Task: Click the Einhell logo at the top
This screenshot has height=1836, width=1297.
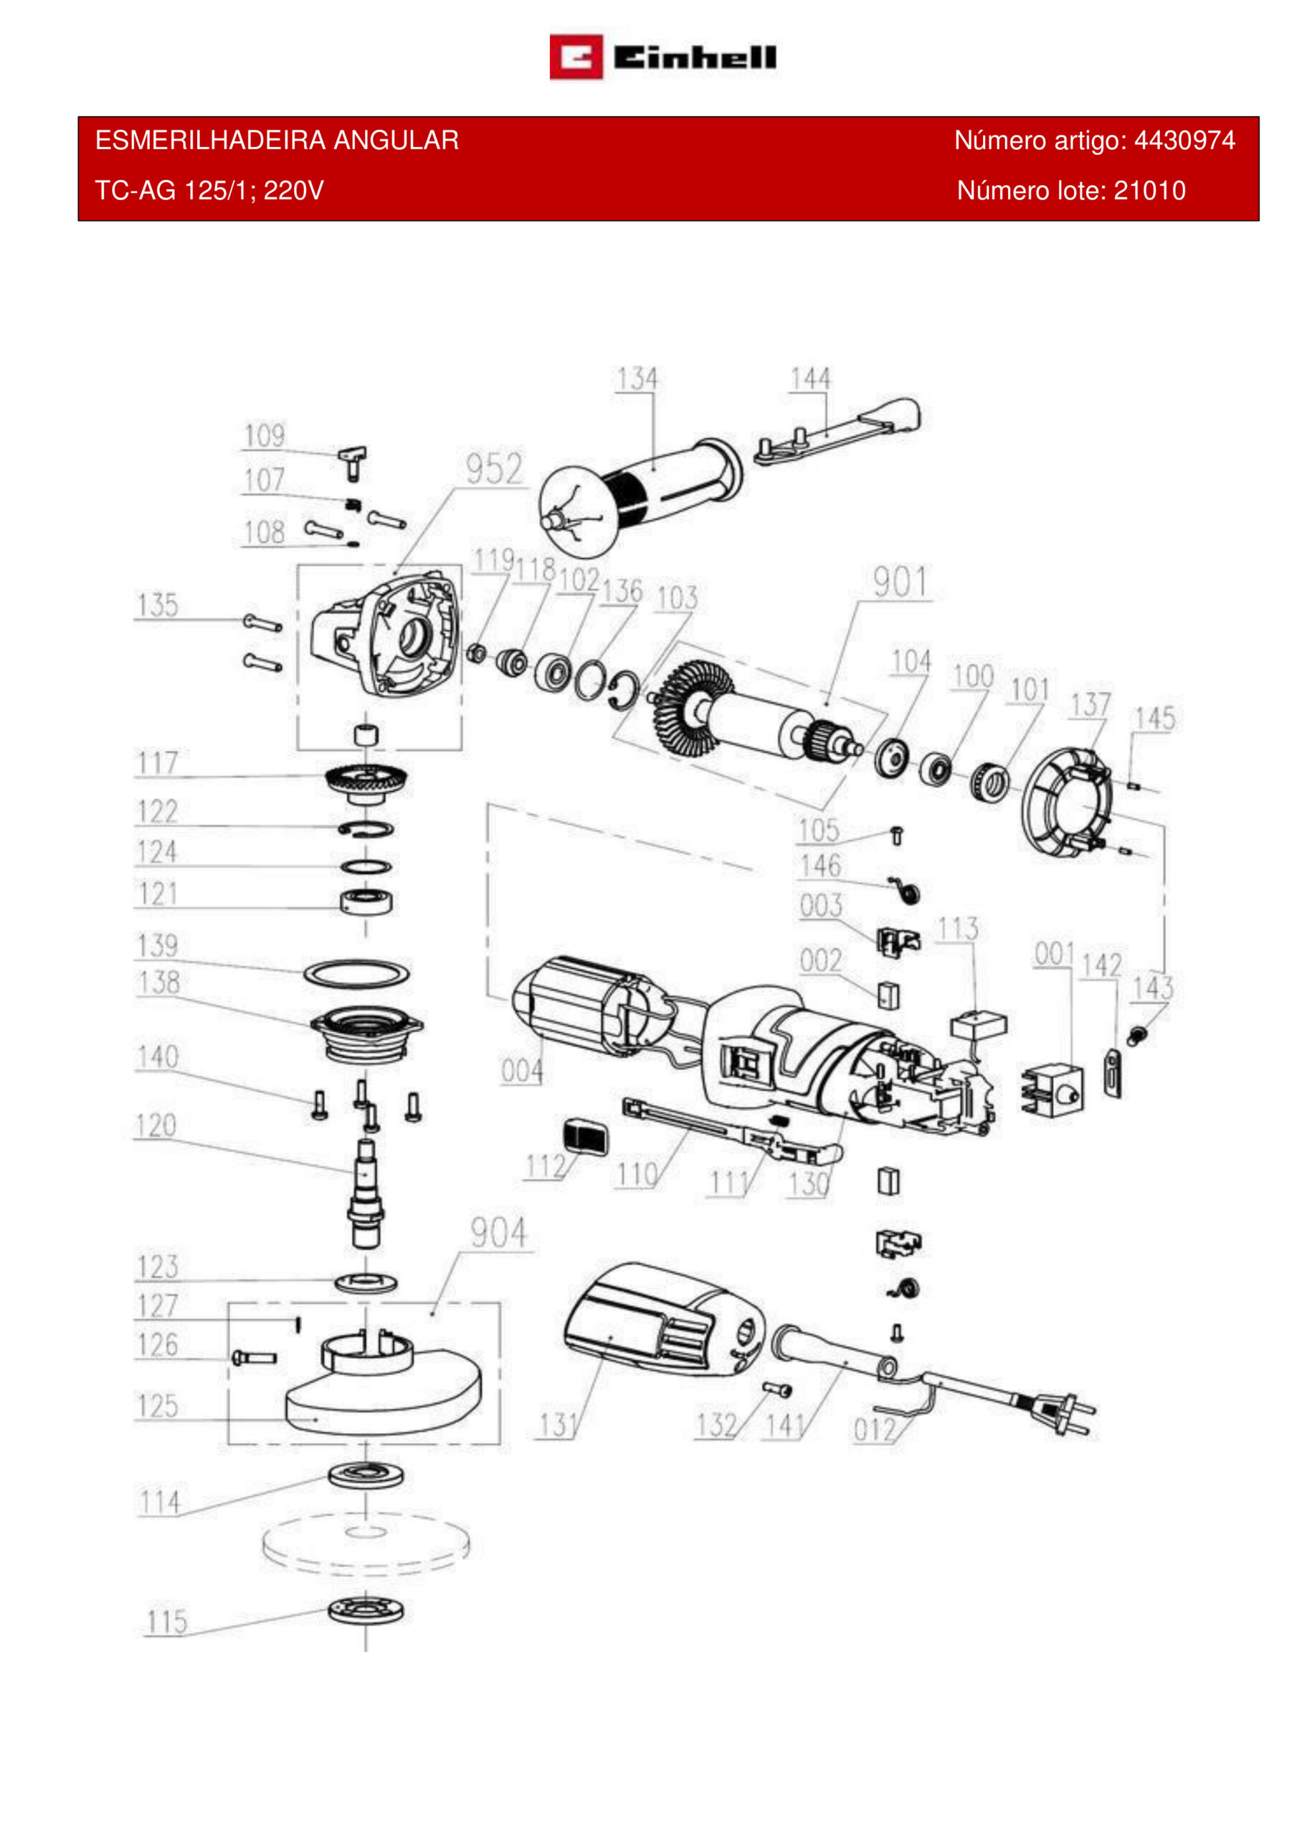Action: click(663, 57)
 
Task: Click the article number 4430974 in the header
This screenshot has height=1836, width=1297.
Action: click(1184, 141)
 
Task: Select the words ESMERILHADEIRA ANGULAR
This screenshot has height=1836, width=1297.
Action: click(277, 141)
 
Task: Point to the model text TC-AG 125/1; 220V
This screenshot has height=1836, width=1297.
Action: click(209, 191)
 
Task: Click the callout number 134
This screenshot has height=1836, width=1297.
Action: click(637, 379)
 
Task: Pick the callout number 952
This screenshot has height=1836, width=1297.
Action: click(494, 469)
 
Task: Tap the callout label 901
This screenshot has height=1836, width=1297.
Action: click(901, 583)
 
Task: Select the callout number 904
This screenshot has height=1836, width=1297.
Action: click(498, 1233)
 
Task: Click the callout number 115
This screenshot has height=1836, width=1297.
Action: click(167, 1622)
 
